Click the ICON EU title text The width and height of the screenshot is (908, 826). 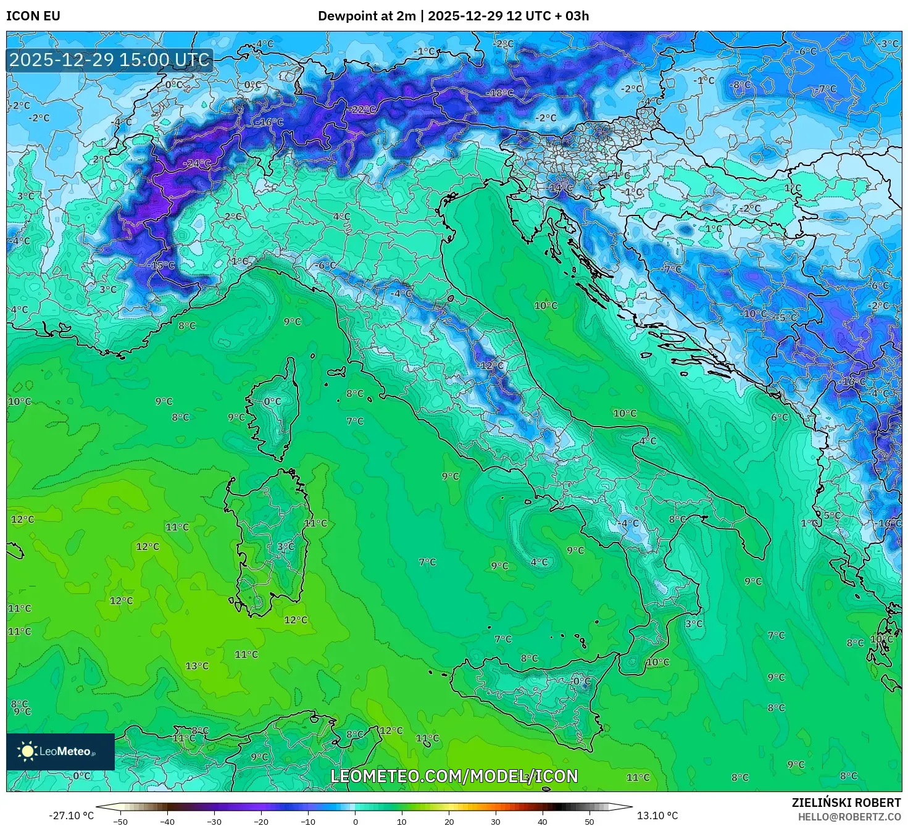33,15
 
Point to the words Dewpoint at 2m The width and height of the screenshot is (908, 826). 367,15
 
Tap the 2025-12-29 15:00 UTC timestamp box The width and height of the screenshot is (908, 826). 110,60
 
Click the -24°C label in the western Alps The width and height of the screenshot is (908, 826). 197,164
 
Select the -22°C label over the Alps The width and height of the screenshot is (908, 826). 362,109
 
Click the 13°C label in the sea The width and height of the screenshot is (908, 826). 197,666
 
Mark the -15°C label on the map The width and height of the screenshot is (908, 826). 162,265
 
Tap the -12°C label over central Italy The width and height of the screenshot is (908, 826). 491,365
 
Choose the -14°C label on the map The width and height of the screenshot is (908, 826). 560,188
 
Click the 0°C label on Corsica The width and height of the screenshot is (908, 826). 272,401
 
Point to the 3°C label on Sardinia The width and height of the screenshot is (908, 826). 285,546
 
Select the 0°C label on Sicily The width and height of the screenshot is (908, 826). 581,682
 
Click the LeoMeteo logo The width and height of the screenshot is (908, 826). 60,751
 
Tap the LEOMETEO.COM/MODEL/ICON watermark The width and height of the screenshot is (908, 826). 454,776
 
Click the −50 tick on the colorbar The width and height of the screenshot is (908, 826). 120,822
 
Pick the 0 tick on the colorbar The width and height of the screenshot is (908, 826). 355,822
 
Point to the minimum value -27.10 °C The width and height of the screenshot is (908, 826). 72,816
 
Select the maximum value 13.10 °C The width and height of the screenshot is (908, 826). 657,816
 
